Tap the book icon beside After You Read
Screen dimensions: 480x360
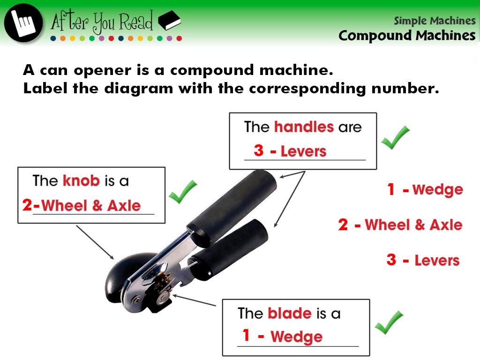point(169,21)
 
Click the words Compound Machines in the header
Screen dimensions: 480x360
point(407,36)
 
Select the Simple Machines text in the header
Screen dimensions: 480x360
point(435,21)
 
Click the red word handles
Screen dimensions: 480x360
point(304,127)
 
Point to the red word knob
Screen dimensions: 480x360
point(81,180)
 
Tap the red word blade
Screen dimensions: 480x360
point(290,313)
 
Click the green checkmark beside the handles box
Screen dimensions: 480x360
point(395,137)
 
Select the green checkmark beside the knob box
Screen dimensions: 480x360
point(183,192)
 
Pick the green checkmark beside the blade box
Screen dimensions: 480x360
point(389,322)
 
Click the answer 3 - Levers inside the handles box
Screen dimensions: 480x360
point(290,151)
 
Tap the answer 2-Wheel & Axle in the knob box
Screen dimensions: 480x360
point(82,205)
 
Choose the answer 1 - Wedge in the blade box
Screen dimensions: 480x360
point(282,336)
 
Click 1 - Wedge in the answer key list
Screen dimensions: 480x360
point(425,189)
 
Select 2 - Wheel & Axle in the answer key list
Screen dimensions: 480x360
point(400,225)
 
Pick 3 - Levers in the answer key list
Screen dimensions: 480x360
point(423,260)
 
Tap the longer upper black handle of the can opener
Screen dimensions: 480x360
point(232,208)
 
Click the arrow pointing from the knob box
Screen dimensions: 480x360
point(95,242)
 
